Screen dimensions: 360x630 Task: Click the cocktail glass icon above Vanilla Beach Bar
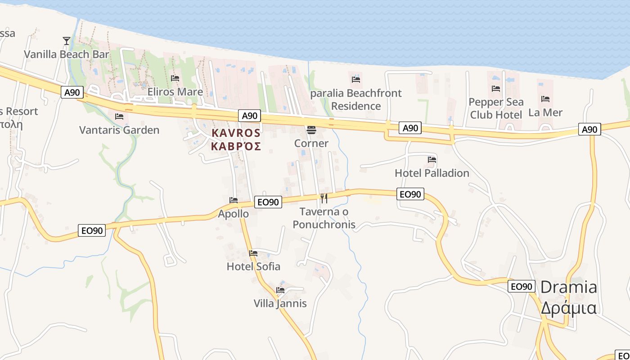67,41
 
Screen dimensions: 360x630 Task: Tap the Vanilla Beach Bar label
67,54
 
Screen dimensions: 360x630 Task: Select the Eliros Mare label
175,92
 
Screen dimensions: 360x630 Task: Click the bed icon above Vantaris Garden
119,117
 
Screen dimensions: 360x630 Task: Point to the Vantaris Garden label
119,130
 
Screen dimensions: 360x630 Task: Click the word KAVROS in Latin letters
236,133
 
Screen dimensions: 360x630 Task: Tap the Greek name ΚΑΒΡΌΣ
236,146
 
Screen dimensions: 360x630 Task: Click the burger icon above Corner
311,130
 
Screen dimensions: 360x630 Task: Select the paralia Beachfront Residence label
356,99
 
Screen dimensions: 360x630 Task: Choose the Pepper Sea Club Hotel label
496,108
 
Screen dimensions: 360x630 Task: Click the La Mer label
545,112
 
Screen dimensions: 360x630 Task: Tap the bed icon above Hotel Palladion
432,159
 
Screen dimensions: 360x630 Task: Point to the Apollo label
233,214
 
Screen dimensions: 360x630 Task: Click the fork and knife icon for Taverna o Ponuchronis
324,198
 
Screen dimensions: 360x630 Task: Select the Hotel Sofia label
253,266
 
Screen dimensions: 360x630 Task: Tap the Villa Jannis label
280,303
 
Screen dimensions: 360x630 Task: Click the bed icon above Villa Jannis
280,290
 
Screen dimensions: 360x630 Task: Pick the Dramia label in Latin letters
568,287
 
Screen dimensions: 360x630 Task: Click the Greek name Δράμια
568,308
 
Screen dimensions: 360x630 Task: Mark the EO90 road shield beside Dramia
522,286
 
